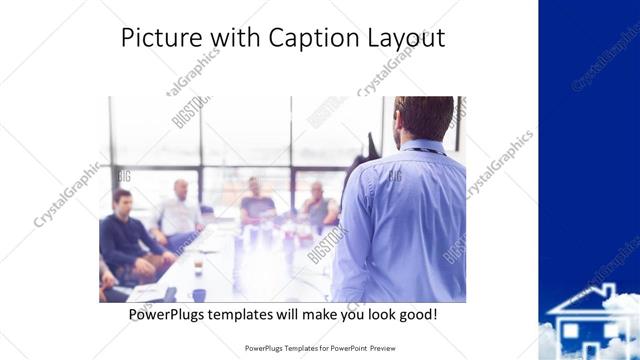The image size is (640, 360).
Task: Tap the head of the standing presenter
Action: (424, 117)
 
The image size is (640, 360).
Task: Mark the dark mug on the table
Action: (198, 294)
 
